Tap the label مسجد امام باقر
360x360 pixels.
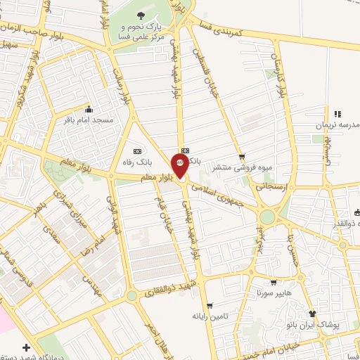click(x=89, y=120)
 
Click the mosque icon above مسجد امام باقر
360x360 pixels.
click(x=89, y=109)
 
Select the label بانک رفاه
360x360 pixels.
click(x=136, y=162)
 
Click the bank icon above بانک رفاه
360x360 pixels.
click(x=136, y=150)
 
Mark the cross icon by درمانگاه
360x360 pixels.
click(x=27, y=347)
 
